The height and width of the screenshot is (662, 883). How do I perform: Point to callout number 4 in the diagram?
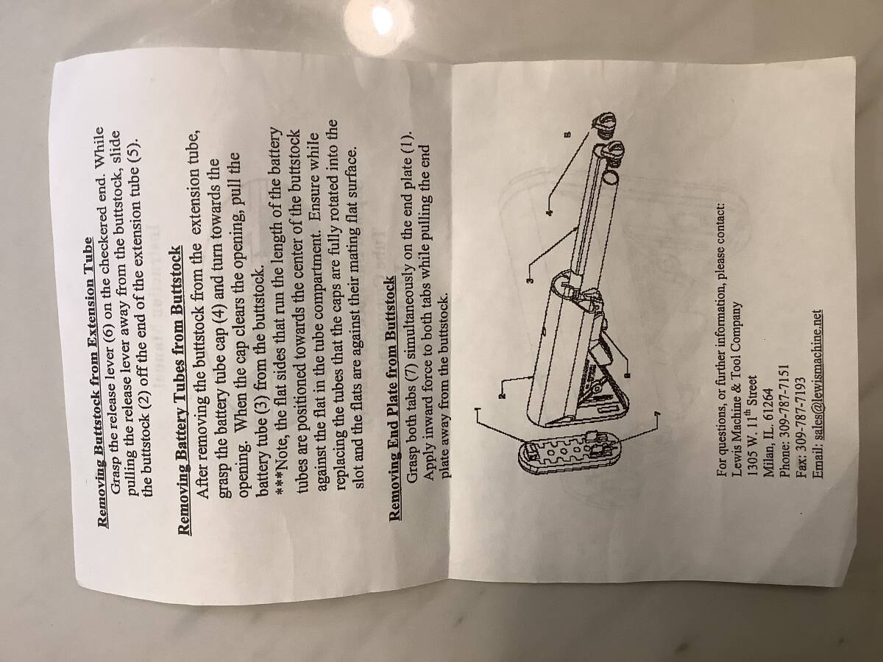point(549,214)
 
